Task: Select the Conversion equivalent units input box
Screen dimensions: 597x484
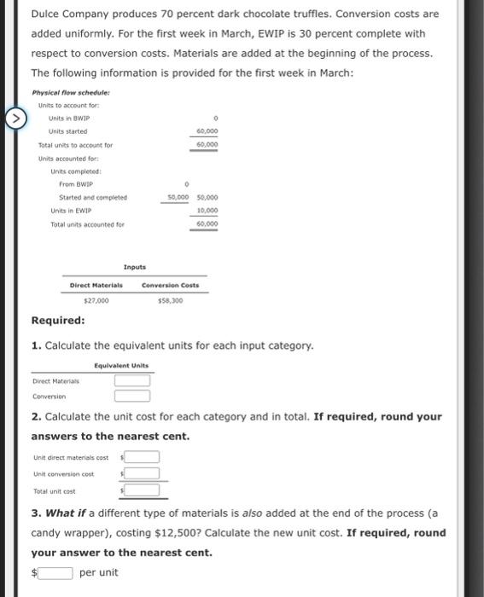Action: (x=132, y=396)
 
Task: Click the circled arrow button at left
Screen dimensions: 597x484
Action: (x=13, y=116)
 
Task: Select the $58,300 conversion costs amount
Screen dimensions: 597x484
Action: (x=169, y=300)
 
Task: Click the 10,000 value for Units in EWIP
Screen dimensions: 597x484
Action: (x=207, y=211)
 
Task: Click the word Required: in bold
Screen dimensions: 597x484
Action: (x=58, y=321)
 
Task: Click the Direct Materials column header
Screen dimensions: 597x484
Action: (x=94, y=285)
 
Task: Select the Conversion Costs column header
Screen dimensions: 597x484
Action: (x=169, y=285)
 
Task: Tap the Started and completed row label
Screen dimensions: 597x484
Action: (x=92, y=197)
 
